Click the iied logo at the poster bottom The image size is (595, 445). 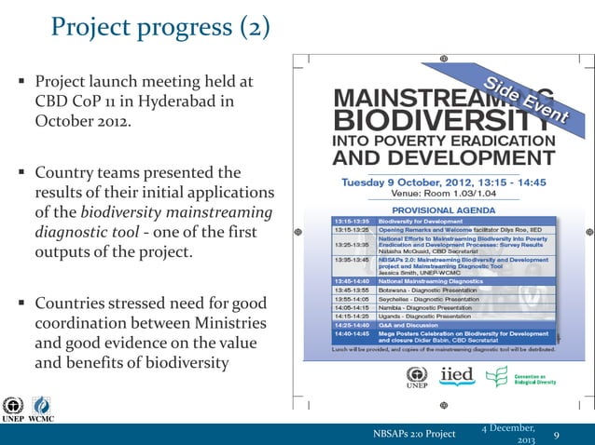point(456,375)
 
